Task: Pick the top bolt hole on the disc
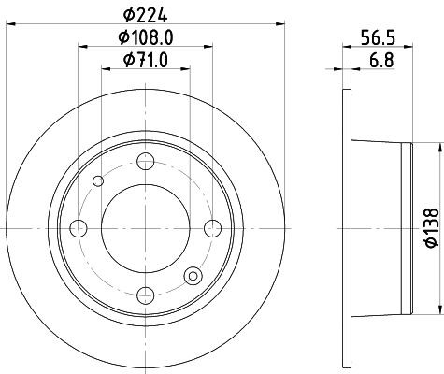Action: pos(145,162)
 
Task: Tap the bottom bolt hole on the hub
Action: pos(145,295)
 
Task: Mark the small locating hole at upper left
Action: pos(98,180)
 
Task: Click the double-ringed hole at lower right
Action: pos(193,275)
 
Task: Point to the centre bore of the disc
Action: pos(145,227)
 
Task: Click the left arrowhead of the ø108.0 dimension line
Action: pos(81,47)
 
